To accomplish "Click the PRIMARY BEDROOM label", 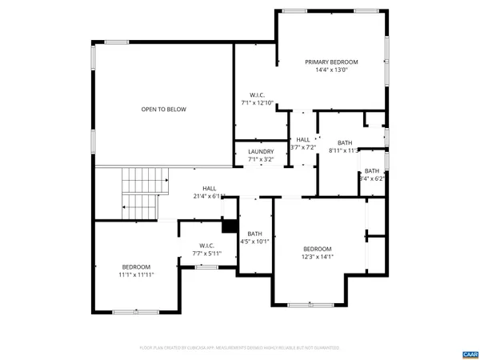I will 331,62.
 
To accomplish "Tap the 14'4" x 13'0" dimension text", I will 331,70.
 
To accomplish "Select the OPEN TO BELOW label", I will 164,109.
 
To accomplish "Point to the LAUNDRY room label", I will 261,151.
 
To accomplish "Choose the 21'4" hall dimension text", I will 209,196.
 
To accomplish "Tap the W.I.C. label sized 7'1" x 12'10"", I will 258,94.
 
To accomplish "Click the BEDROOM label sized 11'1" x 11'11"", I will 136,266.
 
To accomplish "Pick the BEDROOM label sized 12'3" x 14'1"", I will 318,249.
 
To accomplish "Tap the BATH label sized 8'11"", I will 345,142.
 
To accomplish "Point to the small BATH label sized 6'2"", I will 372,170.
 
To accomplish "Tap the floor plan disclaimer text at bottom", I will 239,348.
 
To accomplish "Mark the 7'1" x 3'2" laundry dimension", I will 261,159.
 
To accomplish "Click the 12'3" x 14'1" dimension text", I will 318,257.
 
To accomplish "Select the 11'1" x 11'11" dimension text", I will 136,274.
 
